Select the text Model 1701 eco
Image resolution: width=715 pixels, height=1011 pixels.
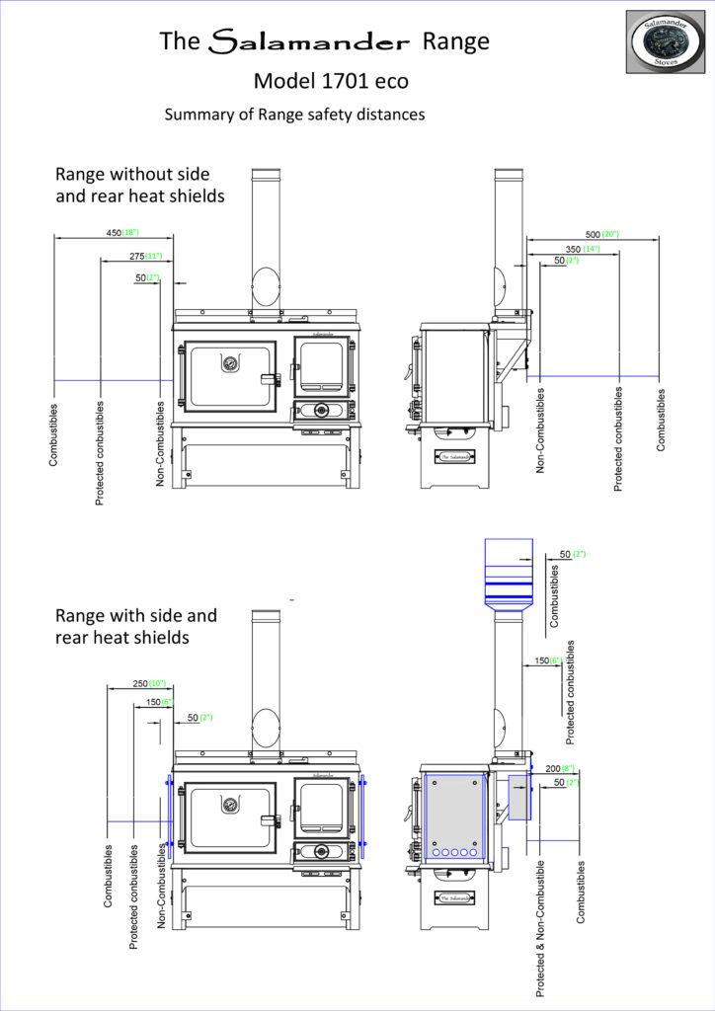(x=331, y=81)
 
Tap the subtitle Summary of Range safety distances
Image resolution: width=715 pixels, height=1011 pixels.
(x=294, y=115)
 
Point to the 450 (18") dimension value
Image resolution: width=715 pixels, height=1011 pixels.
(x=122, y=232)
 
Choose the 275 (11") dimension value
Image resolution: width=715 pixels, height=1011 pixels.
(x=145, y=256)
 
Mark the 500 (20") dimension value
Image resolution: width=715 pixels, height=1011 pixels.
(x=600, y=234)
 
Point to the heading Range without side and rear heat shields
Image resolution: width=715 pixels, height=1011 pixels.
(x=139, y=185)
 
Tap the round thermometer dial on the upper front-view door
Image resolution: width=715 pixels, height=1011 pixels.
(x=229, y=360)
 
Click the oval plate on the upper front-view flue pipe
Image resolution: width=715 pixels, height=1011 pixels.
(x=267, y=287)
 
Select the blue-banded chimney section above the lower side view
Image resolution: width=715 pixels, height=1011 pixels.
(x=509, y=577)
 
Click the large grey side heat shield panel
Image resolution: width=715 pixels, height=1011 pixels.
(x=454, y=816)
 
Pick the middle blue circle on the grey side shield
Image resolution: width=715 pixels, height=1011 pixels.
(x=455, y=851)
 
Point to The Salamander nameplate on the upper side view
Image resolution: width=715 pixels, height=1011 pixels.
(x=455, y=456)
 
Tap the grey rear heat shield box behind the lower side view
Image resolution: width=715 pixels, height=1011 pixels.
(x=519, y=798)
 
